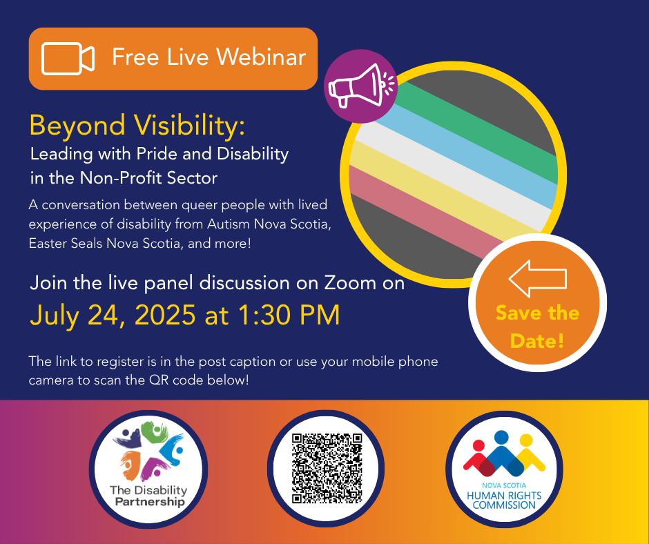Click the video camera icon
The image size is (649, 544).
68,59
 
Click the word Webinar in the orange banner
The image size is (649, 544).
261,57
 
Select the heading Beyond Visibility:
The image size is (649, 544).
137,126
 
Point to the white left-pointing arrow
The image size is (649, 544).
537,278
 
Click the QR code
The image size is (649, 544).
327,468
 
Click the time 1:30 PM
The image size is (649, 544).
289,315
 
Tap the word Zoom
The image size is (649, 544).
350,283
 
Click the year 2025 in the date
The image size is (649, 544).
165,315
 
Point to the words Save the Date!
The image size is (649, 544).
537,327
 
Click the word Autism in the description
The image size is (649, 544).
228,224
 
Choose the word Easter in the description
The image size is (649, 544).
48,243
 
